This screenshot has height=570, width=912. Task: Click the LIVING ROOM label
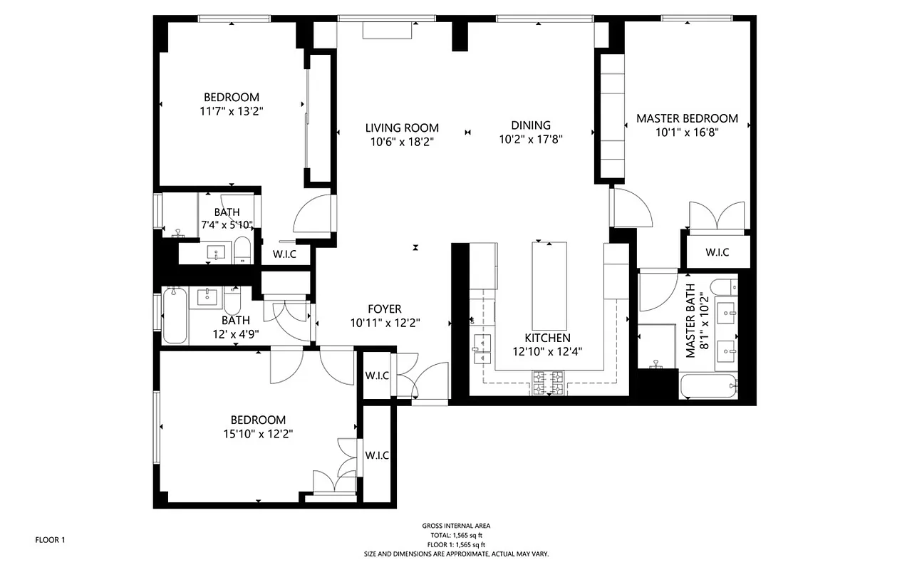pyautogui.click(x=402, y=128)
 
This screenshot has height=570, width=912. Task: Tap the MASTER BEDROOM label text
pyautogui.click(x=687, y=118)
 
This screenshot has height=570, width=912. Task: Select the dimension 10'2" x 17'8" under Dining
pyautogui.click(x=531, y=140)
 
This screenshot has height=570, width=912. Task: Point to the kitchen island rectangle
pyautogui.click(x=549, y=284)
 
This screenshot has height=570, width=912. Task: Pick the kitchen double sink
pyautogui.click(x=482, y=346)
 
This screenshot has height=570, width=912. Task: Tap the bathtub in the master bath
pyautogui.click(x=709, y=387)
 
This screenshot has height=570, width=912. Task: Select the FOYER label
pyautogui.click(x=385, y=309)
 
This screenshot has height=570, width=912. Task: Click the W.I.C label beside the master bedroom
pyautogui.click(x=717, y=252)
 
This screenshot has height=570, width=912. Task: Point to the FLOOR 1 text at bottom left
pyautogui.click(x=50, y=540)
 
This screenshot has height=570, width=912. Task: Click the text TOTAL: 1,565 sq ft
pyautogui.click(x=456, y=535)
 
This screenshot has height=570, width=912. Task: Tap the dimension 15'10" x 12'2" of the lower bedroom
pyautogui.click(x=257, y=433)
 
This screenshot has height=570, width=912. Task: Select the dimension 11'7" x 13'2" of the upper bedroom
pyautogui.click(x=231, y=110)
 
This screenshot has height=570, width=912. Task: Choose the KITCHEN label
pyautogui.click(x=547, y=338)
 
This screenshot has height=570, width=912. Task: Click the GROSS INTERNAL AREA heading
pyautogui.click(x=456, y=526)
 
